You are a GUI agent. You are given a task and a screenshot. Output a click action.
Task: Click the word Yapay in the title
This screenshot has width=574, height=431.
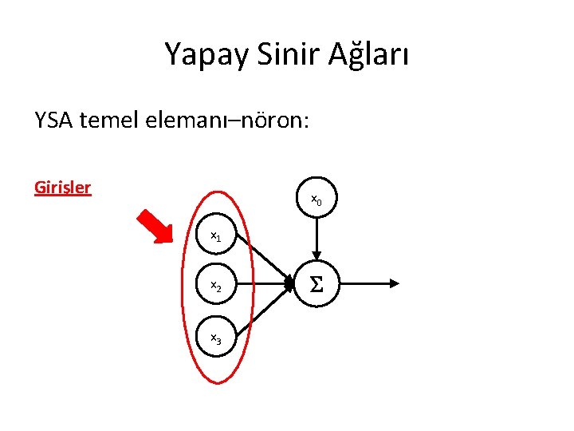(x=201, y=54)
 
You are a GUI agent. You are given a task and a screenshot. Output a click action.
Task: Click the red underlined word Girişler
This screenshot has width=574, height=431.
(x=63, y=188)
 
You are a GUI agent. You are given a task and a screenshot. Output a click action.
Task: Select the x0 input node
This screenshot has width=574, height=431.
(x=316, y=200)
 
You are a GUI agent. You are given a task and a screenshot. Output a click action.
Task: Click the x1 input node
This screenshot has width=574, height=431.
(x=216, y=236)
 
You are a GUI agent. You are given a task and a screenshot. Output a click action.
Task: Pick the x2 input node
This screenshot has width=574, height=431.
(x=216, y=285)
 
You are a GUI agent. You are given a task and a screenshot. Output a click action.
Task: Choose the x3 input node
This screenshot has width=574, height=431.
(x=216, y=339)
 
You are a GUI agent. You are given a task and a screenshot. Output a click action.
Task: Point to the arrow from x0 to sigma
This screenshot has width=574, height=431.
(x=316, y=235)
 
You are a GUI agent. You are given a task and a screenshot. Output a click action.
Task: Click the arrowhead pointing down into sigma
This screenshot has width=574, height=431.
(x=316, y=253)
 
